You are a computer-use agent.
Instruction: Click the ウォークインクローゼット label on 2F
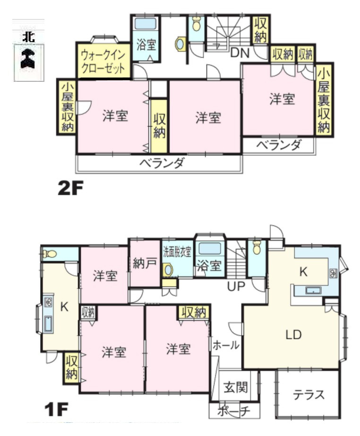103,61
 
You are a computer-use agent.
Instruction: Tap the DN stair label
240,53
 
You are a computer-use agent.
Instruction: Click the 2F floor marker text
70,189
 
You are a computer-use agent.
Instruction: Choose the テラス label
308,395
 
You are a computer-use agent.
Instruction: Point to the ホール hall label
226,345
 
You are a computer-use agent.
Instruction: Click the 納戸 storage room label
144,264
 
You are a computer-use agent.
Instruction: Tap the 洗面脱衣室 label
177,251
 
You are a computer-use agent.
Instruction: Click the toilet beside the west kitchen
50,254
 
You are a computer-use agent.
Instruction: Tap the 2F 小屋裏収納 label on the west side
67,107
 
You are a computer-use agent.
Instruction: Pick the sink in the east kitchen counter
312,290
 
